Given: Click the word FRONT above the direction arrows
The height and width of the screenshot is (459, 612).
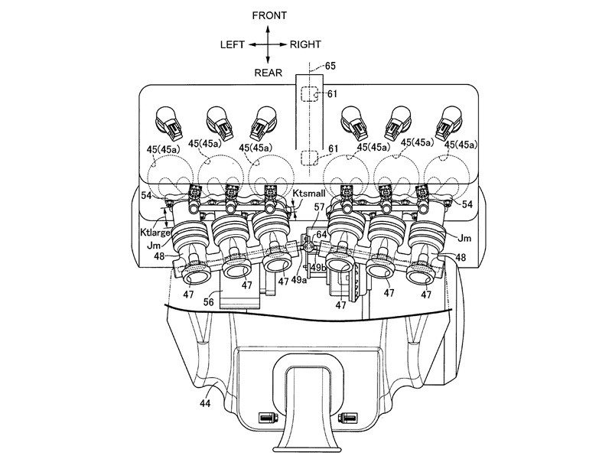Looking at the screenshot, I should point(266,15).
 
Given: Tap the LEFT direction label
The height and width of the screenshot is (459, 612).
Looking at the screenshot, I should point(232,44).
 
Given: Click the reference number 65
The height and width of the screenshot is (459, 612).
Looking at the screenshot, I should point(330,67).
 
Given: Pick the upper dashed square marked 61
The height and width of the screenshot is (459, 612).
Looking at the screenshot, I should point(308,95).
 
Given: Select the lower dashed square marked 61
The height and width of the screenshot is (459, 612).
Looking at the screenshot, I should point(308,158).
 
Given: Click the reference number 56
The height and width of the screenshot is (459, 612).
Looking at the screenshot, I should point(207,302).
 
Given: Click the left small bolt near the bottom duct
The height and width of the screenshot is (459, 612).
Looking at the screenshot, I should point(267,418).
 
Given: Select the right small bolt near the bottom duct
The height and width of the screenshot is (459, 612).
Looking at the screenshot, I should point(348,418).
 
